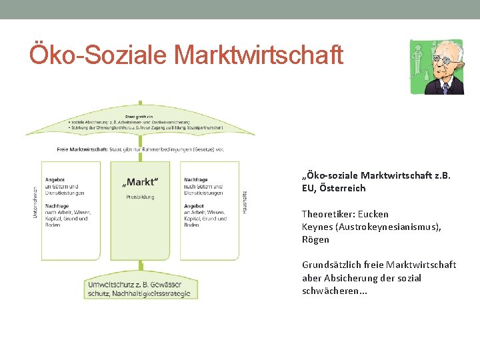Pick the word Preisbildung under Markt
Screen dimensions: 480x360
point(140,197)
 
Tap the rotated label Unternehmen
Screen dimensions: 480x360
point(35,204)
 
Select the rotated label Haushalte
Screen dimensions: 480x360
point(245,202)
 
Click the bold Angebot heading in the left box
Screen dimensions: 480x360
point(55,179)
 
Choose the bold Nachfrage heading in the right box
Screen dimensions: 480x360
point(195,179)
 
